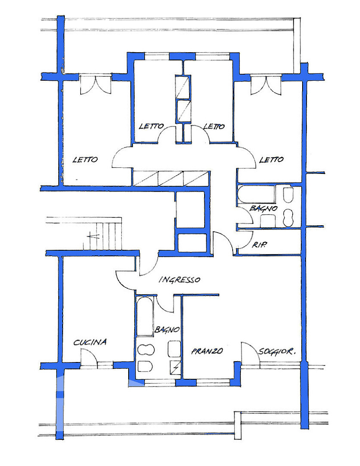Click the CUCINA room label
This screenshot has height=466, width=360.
point(90,342)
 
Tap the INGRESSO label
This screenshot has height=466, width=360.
point(180,280)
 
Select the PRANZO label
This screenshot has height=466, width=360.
point(207,351)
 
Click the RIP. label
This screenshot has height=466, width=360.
point(259,245)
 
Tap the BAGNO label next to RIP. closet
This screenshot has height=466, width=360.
point(263,208)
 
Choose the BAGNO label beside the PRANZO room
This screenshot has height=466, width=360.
point(167,329)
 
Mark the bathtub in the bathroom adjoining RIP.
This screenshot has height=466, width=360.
point(256,194)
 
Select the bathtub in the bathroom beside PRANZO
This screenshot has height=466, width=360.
point(145,317)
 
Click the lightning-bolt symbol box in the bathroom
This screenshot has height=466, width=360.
point(175,367)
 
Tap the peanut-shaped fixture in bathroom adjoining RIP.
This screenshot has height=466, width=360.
point(288,218)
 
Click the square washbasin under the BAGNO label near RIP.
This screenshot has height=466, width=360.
point(268,221)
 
